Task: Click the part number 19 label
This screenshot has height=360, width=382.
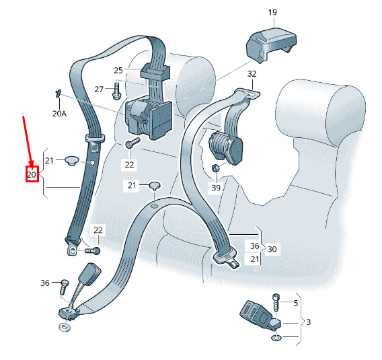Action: tap(272, 12)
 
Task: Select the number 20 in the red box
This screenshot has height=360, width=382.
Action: tap(32, 174)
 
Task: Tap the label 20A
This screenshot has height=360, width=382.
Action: tap(59, 114)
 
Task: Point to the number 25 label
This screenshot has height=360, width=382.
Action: tap(118, 71)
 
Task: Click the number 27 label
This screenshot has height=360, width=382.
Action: tap(99, 89)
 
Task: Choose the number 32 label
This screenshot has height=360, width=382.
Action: tap(252, 73)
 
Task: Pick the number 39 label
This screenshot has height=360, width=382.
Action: tap(216, 188)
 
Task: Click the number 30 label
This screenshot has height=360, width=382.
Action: tap(272, 249)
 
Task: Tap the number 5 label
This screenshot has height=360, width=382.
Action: tap(295, 303)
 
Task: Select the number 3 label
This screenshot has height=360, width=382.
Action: tap(309, 322)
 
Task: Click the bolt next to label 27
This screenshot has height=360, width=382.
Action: tap(116, 91)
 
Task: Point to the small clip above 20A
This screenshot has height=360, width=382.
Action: tap(58, 94)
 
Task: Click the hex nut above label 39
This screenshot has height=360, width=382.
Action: tap(215, 168)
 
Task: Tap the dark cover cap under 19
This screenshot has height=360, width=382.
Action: tap(271, 46)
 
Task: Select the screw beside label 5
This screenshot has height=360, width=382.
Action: tap(276, 303)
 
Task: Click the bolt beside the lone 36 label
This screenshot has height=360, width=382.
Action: tap(64, 287)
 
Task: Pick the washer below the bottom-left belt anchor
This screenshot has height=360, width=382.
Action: tap(65, 326)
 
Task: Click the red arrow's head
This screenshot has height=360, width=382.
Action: tap(31, 163)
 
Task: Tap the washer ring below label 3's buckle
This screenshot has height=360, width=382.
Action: tap(276, 338)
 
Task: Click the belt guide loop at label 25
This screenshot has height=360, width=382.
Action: tap(155, 71)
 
